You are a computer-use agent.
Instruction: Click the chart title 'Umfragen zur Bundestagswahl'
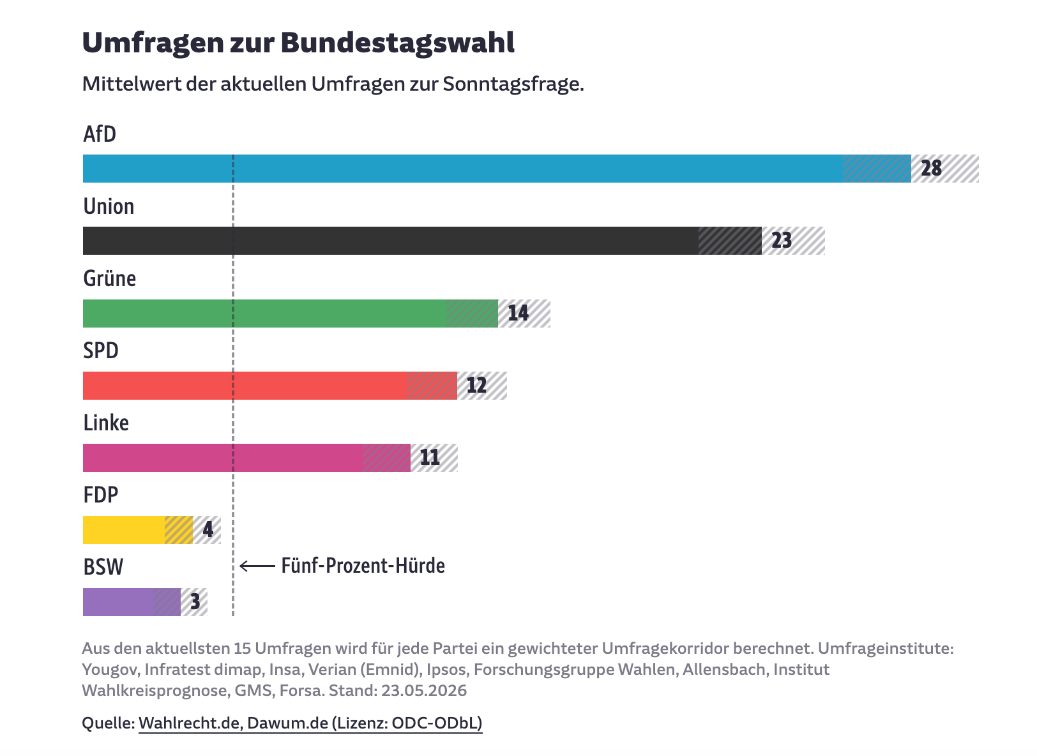(x=298, y=43)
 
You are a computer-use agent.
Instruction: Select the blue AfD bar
(x=497, y=169)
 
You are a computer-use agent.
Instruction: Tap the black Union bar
(x=422, y=241)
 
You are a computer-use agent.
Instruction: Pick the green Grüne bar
(x=291, y=314)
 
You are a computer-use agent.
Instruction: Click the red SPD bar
(x=270, y=386)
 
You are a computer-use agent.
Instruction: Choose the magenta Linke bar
(x=246, y=458)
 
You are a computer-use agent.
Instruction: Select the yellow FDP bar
(x=138, y=530)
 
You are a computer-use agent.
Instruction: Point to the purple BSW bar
(x=132, y=602)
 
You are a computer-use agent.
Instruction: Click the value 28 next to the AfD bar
(x=932, y=169)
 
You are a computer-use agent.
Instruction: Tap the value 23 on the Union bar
(x=782, y=241)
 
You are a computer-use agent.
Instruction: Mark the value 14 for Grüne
(x=518, y=314)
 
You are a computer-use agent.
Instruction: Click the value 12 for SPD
(x=477, y=386)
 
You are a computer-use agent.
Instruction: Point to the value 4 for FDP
(x=208, y=529)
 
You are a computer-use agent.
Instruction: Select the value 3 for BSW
(x=195, y=602)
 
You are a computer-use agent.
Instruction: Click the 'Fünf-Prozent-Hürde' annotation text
(x=363, y=566)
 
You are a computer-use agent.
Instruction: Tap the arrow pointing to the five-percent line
(x=257, y=566)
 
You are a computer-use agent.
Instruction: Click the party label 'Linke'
(x=106, y=423)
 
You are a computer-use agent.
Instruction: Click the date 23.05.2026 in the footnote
(x=424, y=691)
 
